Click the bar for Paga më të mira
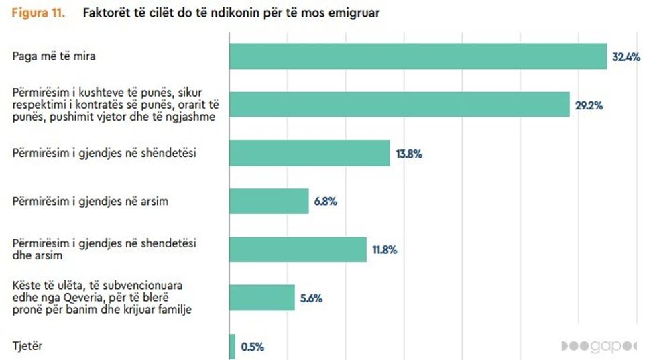click(418, 56)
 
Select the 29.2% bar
click(400, 105)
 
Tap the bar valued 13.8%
click(309, 153)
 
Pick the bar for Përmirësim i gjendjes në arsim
click(269, 201)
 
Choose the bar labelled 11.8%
click(298, 249)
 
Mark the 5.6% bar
click(262, 298)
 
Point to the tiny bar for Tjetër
click(232, 347)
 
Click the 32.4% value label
click(626, 57)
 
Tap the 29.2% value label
click(589, 105)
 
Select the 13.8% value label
click(409, 154)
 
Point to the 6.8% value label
click(326, 202)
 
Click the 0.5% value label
click(253, 347)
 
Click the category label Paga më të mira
click(54, 56)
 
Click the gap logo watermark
click(607, 346)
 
